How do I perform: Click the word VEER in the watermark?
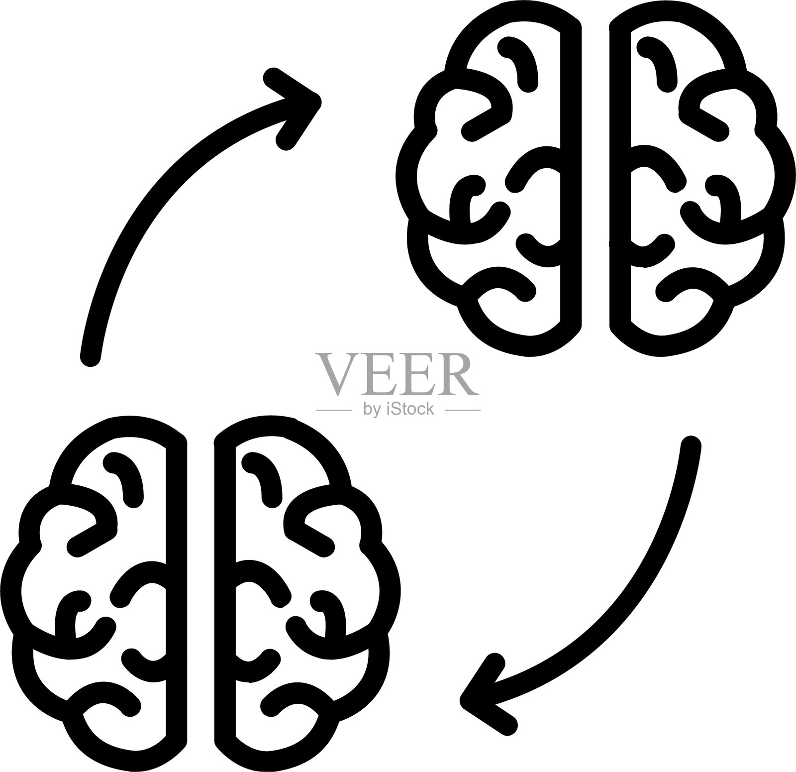click(397, 374)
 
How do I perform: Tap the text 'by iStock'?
click(398, 409)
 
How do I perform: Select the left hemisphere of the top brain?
click(489, 178)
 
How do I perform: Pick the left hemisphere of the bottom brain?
click(94, 593)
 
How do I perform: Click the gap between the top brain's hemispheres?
click(596, 178)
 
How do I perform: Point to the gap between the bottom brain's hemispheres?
click(200, 593)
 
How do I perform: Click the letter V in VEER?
click(337, 374)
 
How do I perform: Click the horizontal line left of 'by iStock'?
click(334, 410)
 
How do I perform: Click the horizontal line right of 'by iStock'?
click(463, 410)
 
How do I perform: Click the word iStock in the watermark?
click(410, 409)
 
